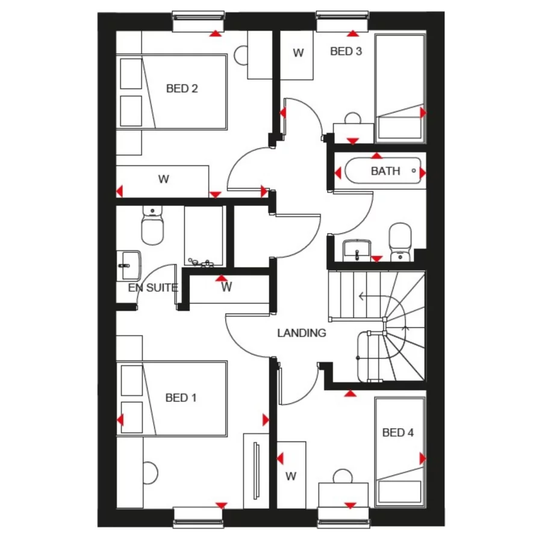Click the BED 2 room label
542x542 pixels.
[182, 89]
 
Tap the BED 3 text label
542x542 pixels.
[346, 52]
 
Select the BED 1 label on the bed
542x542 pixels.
[181, 398]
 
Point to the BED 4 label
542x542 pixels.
[398, 432]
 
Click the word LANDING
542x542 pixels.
[302, 333]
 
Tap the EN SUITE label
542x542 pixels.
[153, 288]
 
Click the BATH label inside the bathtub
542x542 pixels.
[385, 172]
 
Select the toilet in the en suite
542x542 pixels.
[152, 228]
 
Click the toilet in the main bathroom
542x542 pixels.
[400, 241]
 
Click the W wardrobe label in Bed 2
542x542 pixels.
[163, 179]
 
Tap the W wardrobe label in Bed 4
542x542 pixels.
[291, 476]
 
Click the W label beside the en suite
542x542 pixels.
[226, 288]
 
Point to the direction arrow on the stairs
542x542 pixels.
[360, 296]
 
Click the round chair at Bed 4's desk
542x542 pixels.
[343, 476]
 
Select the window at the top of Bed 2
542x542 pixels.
[198, 22]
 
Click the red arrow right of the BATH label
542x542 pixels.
[423, 173]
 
